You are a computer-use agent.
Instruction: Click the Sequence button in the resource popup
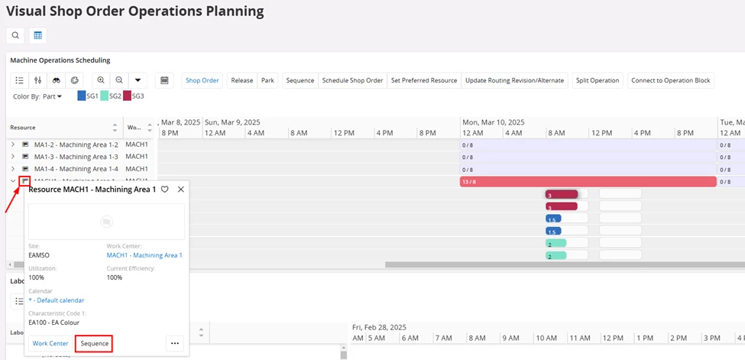click(95, 343)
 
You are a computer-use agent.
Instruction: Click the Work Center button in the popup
click(50, 343)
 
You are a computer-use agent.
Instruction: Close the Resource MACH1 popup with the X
click(181, 189)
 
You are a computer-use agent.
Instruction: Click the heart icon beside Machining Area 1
click(164, 189)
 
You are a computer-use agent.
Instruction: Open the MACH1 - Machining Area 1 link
click(144, 255)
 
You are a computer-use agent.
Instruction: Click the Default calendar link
click(57, 300)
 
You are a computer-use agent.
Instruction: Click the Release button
click(241, 80)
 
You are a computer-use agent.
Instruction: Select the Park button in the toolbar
click(267, 80)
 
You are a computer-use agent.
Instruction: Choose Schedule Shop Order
click(352, 80)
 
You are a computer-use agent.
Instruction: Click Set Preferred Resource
click(424, 80)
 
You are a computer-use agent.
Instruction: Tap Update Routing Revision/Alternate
click(514, 80)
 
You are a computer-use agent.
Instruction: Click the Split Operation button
click(598, 80)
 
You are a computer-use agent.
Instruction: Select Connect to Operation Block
click(670, 80)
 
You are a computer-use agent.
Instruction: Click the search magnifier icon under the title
click(15, 35)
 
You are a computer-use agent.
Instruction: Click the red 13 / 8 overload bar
click(588, 182)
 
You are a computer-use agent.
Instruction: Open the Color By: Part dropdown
click(37, 96)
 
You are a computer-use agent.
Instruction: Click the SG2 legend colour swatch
click(105, 96)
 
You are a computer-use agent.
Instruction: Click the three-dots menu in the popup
click(175, 343)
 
